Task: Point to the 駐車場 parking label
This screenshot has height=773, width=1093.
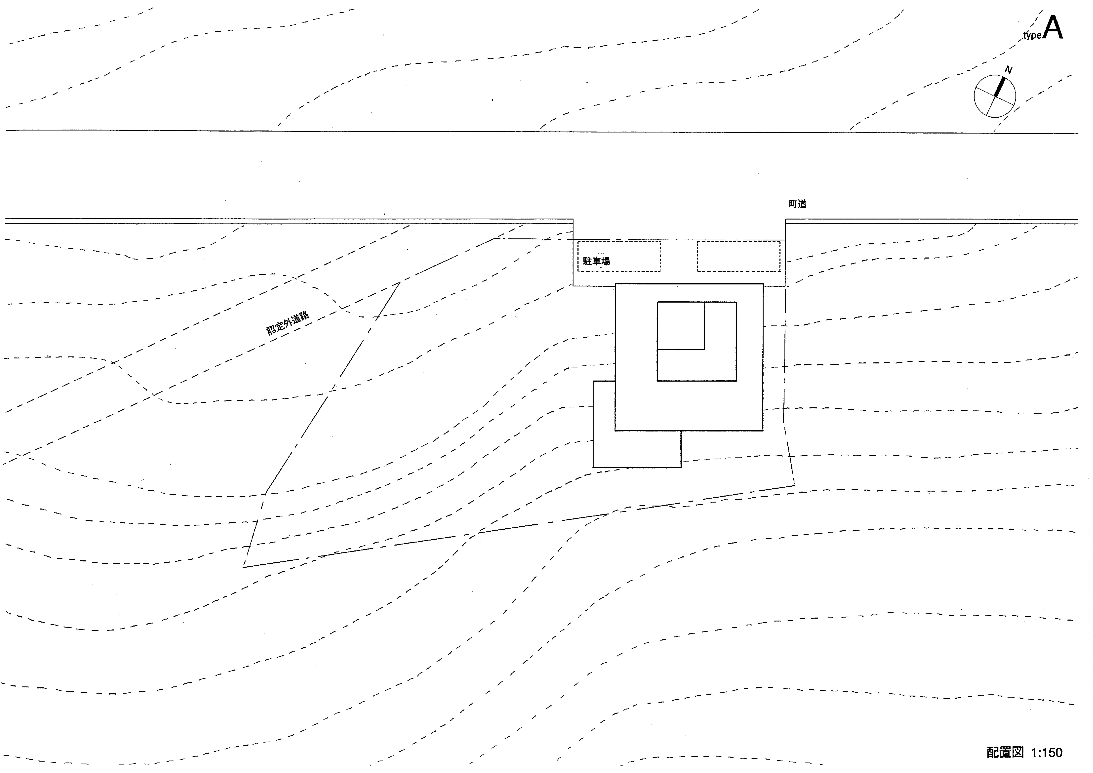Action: click(x=597, y=261)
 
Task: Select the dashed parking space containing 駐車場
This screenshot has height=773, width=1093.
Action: click(x=619, y=242)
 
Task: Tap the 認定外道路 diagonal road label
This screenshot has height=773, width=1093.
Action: click(x=288, y=323)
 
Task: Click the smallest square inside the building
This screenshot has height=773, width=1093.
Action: click(x=681, y=302)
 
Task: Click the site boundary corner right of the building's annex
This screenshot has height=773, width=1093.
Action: click(x=795, y=485)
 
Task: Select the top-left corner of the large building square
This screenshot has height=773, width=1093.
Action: click(x=615, y=284)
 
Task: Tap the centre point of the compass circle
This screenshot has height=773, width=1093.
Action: click(x=995, y=97)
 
